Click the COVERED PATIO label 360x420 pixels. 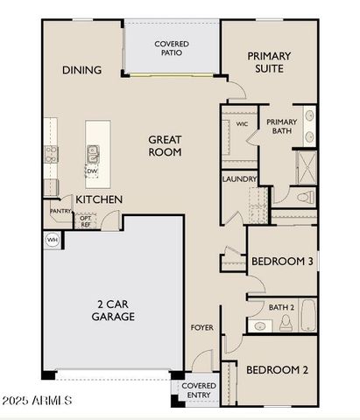pyautogui.click(x=172, y=48)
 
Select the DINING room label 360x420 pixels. pyautogui.click(x=81, y=70)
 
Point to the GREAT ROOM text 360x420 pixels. pyautogui.click(x=164, y=145)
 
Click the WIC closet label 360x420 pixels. pyautogui.click(x=243, y=124)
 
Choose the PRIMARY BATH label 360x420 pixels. pyautogui.click(x=282, y=127)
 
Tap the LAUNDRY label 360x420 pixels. pyautogui.click(x=239, y=179)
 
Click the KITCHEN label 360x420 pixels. pyautogui.click(x=98, y=199)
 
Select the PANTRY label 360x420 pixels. pyautogui.click(x=60, y=211)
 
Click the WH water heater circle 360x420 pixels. pyautogui.click(x=52, y=239)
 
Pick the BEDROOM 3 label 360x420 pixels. pyautogui.click(x=282, y=262)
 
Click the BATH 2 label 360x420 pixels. pyautogui.click(x=280, y=306)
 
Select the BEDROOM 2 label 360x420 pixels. pyautogui.click(x=277, y=370)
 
